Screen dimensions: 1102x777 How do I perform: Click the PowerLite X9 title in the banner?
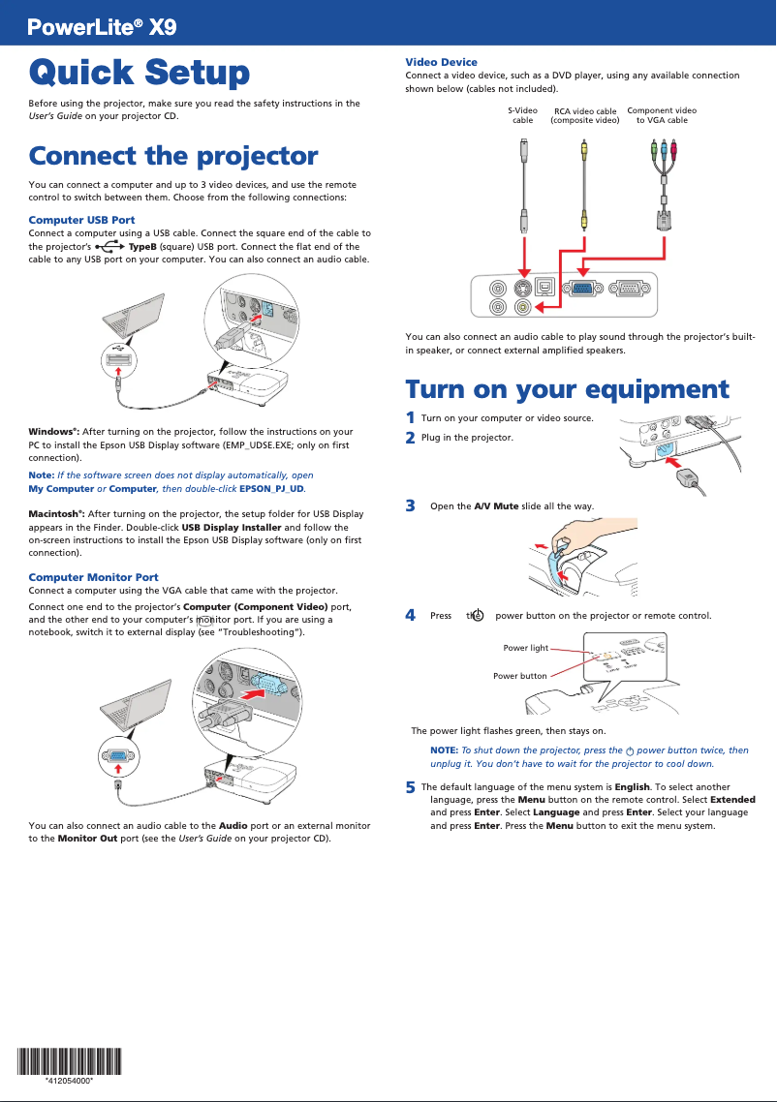pos(102,27)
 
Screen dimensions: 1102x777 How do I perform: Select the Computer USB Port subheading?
pos(81,220)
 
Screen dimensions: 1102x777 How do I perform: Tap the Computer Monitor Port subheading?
pos(93,577)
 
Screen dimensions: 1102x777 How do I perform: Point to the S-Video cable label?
pos(522,115)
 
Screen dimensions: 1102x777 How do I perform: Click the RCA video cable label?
pos(584,116)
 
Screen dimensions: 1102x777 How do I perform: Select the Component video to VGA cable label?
pos(662,115)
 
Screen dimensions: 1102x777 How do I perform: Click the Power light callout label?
pos(526,648)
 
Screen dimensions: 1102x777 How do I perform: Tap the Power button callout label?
pos(520,675)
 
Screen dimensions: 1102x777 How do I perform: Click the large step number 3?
pos(411,505)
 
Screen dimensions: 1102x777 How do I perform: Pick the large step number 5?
pos(411,787)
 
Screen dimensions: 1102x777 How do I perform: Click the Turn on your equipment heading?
pos(567,389)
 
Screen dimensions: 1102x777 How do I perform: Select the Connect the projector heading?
pos(173,155)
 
